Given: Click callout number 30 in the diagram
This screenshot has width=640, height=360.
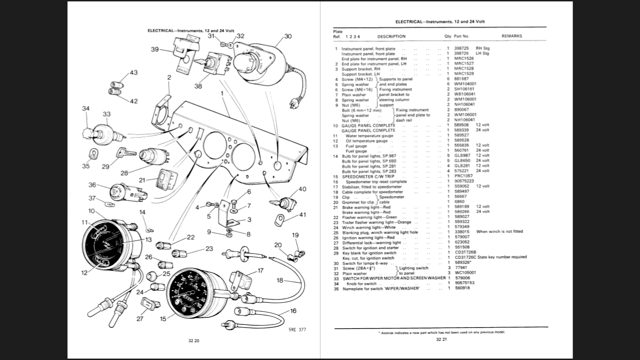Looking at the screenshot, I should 288,36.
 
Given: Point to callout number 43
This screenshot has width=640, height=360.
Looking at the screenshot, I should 134,73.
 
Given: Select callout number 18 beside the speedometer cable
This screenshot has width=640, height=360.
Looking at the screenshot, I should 280,280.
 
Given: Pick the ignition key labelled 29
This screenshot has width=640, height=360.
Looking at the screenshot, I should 126,152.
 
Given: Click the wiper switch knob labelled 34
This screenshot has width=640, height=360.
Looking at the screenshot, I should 87,128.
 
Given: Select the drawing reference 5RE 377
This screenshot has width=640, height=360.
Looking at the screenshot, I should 297,330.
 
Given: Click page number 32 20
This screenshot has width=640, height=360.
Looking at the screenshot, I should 193,341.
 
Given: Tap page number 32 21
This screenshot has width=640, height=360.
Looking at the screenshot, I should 442,339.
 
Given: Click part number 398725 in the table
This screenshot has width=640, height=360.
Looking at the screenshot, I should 461,48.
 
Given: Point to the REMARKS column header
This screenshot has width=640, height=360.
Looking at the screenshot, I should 512,36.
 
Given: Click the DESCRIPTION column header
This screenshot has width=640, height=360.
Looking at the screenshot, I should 391,36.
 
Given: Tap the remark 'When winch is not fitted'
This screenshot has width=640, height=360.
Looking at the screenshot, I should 499,232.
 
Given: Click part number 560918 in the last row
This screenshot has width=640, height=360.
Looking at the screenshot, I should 461,288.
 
